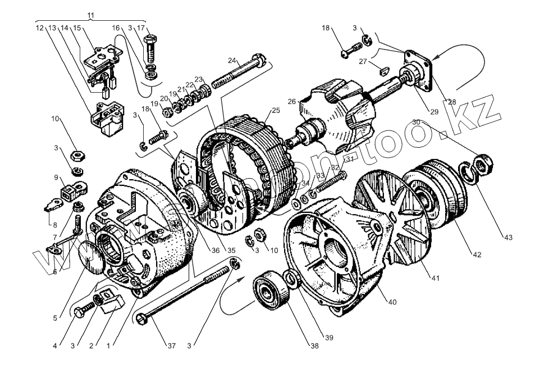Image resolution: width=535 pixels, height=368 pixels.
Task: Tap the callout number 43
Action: [507, 237]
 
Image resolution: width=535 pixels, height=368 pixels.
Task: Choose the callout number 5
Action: [55, 317]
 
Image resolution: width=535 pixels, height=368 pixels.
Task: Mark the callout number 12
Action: [39, 27]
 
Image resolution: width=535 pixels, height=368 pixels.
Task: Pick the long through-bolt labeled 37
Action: [185, 295]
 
